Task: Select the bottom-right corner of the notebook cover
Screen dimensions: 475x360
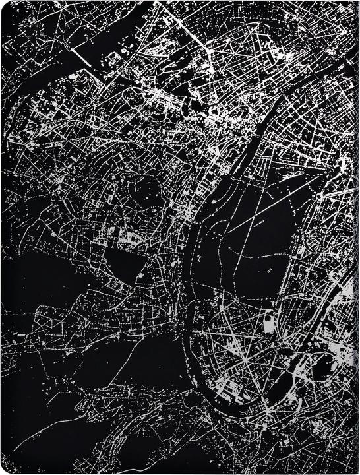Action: [356, 471]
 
